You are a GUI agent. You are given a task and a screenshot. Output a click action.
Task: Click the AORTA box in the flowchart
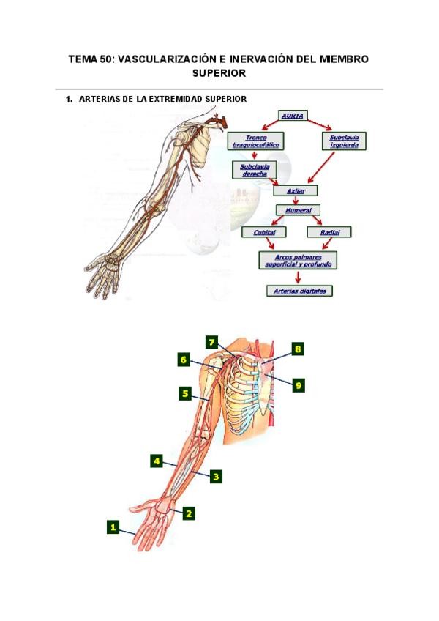[293, 115]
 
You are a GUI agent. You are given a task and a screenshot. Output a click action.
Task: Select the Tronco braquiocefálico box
[256, 141]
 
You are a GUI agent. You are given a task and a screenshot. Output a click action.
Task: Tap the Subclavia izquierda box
[344, 141]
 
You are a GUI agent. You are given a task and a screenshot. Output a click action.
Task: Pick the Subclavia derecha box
[251, 170]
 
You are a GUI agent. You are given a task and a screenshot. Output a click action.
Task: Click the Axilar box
[296, 190]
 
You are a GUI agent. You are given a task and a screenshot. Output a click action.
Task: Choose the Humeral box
[298, 210]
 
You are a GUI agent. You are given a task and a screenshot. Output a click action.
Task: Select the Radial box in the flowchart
[325, 232]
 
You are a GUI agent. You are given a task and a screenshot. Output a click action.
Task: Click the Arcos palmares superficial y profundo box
[298, 260]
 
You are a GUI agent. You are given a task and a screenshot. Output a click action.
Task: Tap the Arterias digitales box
[299, 291]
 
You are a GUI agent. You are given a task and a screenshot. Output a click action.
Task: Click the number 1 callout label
[113, 526]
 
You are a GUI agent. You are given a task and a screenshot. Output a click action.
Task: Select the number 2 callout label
[189, 513]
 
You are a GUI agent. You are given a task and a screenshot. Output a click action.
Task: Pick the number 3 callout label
[216, 476]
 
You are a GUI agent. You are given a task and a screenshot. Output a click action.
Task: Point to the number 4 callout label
[156, 461]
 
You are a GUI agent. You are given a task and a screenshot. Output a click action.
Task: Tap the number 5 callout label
[186, 394]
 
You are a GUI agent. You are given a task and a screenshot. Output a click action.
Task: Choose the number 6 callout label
[184, 359]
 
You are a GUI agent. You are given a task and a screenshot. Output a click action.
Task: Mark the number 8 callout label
[298, 349]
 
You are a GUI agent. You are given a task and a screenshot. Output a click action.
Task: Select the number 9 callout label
[298, 384]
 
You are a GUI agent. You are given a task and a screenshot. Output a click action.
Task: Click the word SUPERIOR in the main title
[219, 73]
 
